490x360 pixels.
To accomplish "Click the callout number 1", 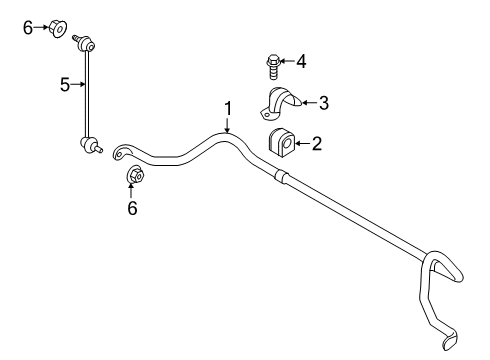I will click(x=228, y=107).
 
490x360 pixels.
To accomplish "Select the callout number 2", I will click(x=317, y=144).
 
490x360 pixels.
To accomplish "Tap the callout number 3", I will click(x=324, y=101).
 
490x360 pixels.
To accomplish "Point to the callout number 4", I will click(x=300, y=62).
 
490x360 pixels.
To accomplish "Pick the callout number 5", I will click(x=65, y=85).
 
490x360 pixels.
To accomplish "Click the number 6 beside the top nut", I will click(x=27, y=29).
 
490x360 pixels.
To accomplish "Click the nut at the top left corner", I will click(x=58, y=29).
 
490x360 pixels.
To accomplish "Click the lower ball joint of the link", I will click(x=88, y=145).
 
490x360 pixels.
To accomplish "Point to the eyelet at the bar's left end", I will click(x=121, y=152).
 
